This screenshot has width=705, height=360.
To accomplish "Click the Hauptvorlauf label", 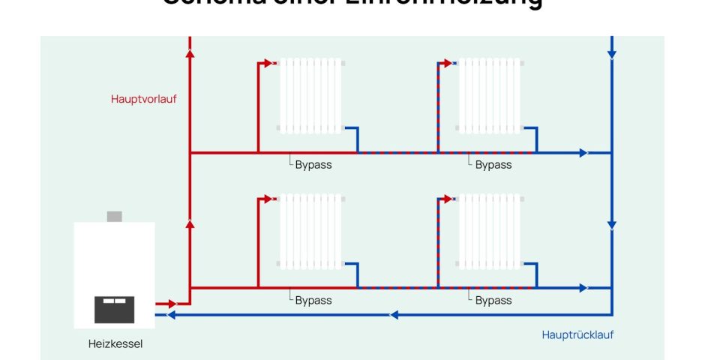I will tap(144, 98).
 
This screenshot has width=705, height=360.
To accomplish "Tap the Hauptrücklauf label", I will tap(577, 335).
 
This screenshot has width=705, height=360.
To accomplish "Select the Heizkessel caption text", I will tap(115, 344).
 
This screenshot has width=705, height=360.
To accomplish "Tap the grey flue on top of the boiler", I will tap(114, 217).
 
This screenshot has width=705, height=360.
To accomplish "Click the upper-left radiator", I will tap(311, 96).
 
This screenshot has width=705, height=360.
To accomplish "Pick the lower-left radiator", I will tap(311, 231).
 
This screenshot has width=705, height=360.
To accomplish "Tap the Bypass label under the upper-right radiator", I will tap(493, 165).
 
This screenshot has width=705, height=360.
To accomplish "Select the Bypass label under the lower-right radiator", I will tap(493, 300).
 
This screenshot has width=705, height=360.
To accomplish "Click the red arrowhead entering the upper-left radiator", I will tap(271, 64).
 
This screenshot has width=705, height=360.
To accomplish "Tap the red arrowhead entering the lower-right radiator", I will tap(449, 199).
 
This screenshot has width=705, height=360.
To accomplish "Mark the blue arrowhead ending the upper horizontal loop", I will tap(583, 152).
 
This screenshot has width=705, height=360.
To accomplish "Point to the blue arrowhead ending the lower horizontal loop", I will tap(583, 287).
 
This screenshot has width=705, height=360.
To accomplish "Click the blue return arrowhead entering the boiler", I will tap(171, 315).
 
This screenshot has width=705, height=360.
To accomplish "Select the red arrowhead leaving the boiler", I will tap(172, 304).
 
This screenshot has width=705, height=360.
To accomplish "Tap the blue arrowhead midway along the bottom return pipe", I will tap(394, 315).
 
